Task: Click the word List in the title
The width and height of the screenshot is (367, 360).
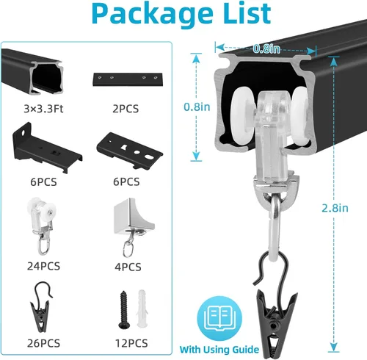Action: point(247,12)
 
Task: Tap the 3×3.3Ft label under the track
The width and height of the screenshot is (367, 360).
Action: point(43,109)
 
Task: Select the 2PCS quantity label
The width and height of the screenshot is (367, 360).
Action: point(126,109)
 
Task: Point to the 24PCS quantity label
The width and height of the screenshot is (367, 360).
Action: point(43,266)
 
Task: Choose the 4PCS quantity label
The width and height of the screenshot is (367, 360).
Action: point(128,267)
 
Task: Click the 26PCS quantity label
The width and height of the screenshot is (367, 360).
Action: point(43,343)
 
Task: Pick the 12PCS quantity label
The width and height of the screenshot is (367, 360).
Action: point(131,343)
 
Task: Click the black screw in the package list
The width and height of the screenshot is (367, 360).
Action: point(124,310)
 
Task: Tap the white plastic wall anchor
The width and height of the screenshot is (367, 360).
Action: point(142,309)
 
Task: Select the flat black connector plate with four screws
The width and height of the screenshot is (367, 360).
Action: point(128,79)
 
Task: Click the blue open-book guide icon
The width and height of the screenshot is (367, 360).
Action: point(219,318)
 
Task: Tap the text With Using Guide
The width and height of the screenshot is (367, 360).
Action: point(219,350)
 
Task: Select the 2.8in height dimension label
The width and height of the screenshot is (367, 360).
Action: point(335,208)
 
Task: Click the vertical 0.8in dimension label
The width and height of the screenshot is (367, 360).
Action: point(197,107)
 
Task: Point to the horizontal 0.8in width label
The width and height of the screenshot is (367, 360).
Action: point(266,48)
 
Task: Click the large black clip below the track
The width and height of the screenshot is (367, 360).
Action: point(275,321)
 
